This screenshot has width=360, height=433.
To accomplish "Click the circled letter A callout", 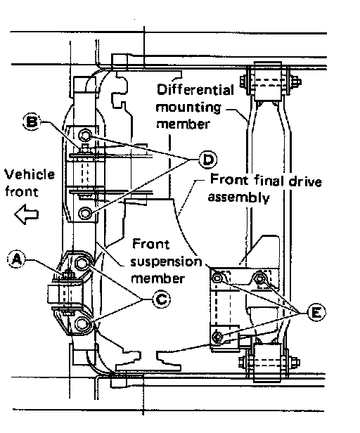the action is (x=16, y=259).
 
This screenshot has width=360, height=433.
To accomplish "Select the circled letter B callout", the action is (x=31, y=122).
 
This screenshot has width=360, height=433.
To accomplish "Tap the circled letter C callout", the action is (x=161, y=299).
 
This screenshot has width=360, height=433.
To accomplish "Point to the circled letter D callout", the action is (x=207, y=160).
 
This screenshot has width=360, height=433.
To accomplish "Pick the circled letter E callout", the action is (x=316, y=313).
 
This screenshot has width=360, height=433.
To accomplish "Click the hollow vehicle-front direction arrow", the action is (x=26, y=214).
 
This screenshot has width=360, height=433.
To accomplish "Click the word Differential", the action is (x=195, y=90).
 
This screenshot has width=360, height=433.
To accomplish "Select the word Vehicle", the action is (x=30, y=175).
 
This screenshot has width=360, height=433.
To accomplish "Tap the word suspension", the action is (x=166, y=262).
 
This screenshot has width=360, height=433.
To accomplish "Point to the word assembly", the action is (x=238, y=198).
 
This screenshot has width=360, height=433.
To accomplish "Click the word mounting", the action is (x=188, y=108).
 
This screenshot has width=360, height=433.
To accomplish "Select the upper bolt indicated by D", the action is (x=85, y=135).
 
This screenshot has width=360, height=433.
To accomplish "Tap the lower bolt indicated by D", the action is (x=85, y=213).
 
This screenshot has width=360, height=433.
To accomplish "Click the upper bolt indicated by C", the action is (x=82, y=263).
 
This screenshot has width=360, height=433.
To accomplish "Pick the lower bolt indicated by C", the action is (x=82, y=323).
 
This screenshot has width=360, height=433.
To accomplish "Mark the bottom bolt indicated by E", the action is (x=217, y=337).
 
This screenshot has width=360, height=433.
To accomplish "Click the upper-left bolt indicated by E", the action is (x=217, y=277).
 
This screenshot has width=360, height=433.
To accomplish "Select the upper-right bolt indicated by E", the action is (x=259, y=278).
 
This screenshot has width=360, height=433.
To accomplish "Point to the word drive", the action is (x=305, y=181).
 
